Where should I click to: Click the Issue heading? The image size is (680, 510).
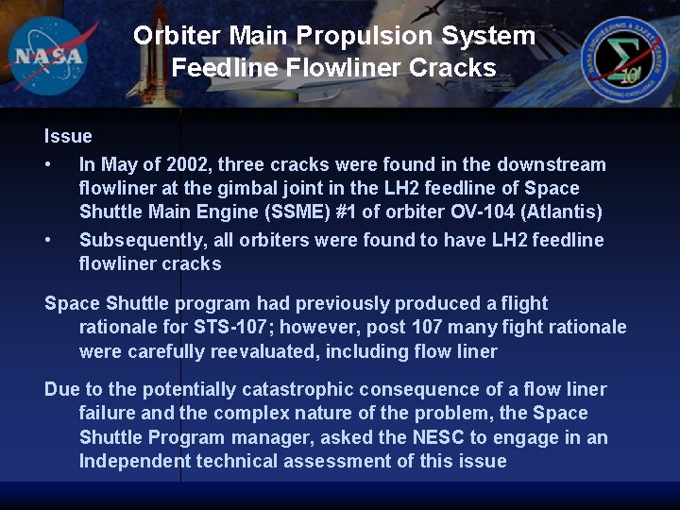(x=68, y=137)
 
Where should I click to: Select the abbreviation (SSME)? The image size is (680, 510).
(x=315, y=212)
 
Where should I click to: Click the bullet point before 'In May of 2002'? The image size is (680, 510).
(x=48, y=165)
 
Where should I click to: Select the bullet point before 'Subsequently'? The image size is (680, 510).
(x=48, y=241)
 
